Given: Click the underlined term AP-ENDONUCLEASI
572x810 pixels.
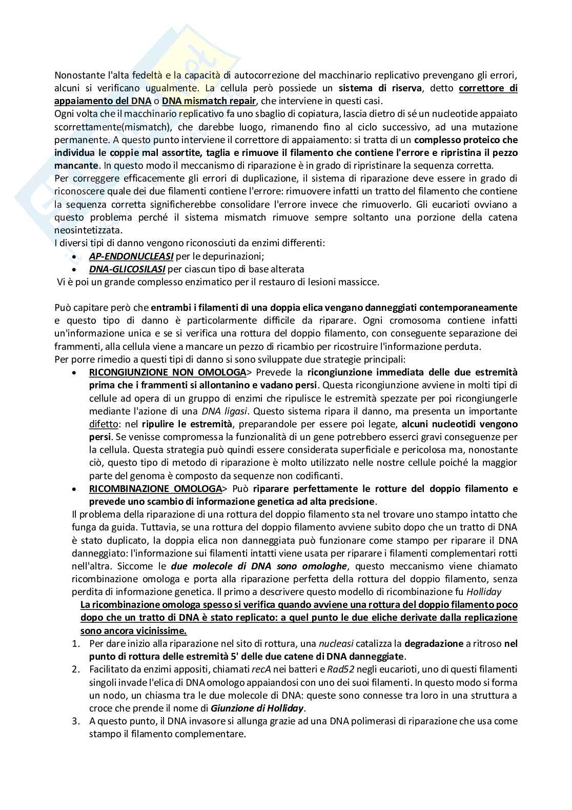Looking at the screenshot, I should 131,256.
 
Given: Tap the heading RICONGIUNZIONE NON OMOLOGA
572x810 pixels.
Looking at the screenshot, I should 167,372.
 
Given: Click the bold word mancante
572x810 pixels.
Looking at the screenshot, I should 76,166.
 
